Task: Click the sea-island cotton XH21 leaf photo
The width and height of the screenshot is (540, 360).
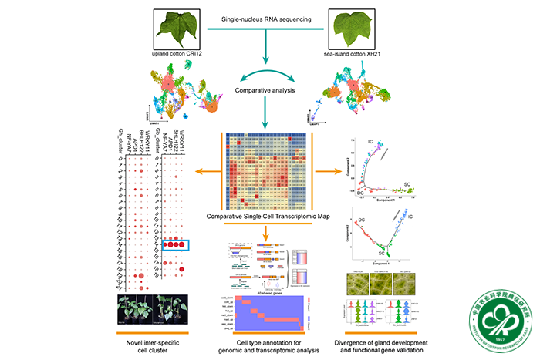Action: [356, 28]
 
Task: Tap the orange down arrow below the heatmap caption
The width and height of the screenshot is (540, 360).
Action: [268, 233]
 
